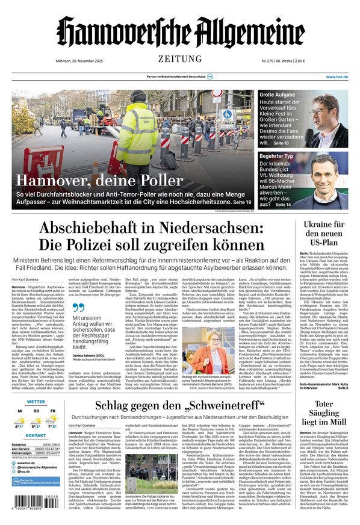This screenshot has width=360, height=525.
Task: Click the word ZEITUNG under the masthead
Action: coord(180,58)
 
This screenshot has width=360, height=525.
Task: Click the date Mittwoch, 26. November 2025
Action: coord(41,61)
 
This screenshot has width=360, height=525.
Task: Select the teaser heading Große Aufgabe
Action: coord(278,95)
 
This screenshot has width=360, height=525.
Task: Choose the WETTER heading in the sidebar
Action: coord(36,402)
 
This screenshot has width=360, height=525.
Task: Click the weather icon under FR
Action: coord(53,417)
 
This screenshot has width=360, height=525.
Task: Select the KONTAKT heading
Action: coord(36,435)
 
